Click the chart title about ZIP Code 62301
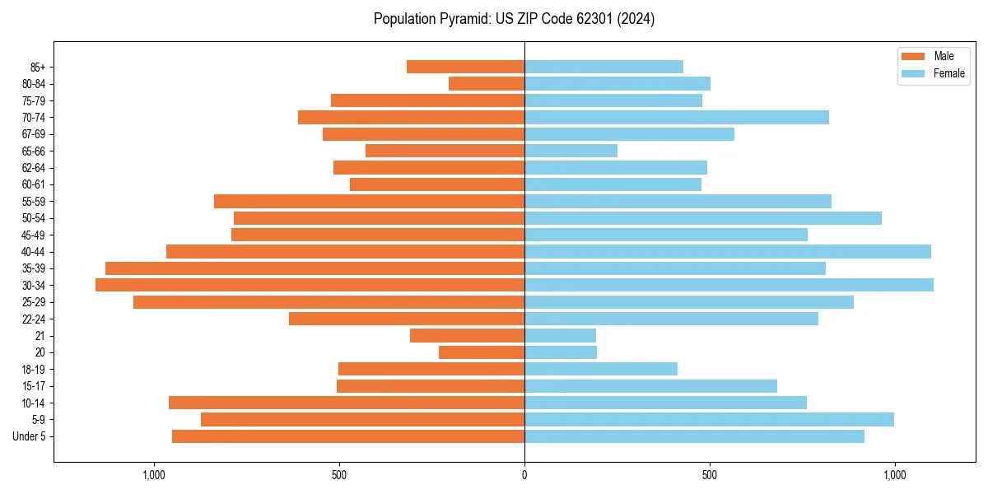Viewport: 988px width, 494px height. click(x=514, y=19)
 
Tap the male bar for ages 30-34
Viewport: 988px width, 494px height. click(x=310, y=285)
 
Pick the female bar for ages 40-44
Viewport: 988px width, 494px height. click(x=728, y=251)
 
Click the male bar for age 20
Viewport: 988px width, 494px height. click(x=482, y=352)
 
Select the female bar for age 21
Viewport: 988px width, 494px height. click(x=560, y=335)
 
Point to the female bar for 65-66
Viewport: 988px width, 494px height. click(x=571, y=151)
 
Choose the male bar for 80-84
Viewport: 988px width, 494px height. click(x=487, y=83)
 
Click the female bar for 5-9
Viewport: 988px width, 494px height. click(x=709, y=419)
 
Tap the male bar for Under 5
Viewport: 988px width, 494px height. click(x=348, y=436)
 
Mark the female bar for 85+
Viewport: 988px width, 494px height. click(x=604, y=67)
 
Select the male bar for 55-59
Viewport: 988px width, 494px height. click(x=369, y=201)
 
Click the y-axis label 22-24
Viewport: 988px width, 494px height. click(x=34, y=319)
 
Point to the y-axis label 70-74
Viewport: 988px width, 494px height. click(x=34, y=118)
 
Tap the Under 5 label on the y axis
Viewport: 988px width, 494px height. click(x=30, y=436)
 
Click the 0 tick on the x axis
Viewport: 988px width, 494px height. click(x=524, y=475)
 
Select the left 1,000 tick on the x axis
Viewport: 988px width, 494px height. click(x=154, y=475)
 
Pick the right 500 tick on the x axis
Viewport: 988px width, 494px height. click(x=709, y=475)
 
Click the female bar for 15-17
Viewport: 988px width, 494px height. click(x=650, y=386)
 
